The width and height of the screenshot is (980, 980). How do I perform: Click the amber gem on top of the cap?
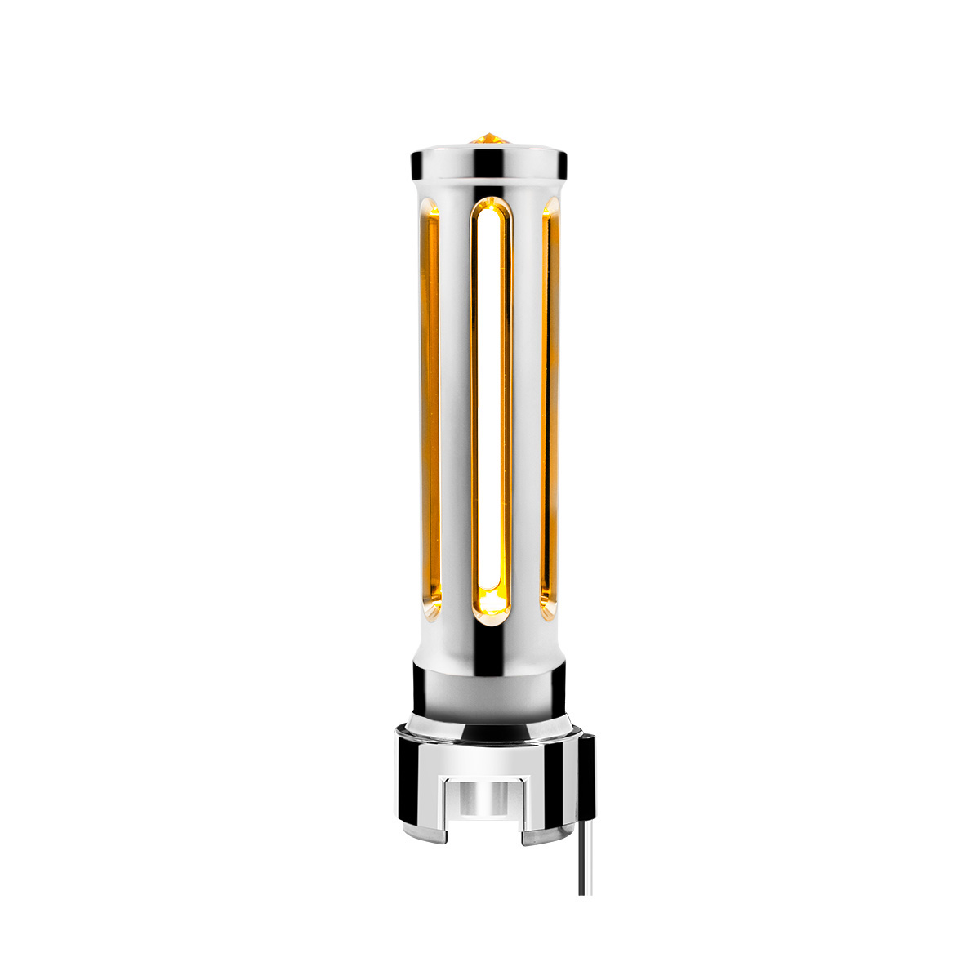pos(488,138)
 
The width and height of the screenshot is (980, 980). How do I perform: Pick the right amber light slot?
pos(550,408)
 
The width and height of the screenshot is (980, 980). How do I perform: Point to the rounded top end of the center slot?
pos(490,209)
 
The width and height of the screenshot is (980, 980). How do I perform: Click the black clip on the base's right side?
pos(586,772)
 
